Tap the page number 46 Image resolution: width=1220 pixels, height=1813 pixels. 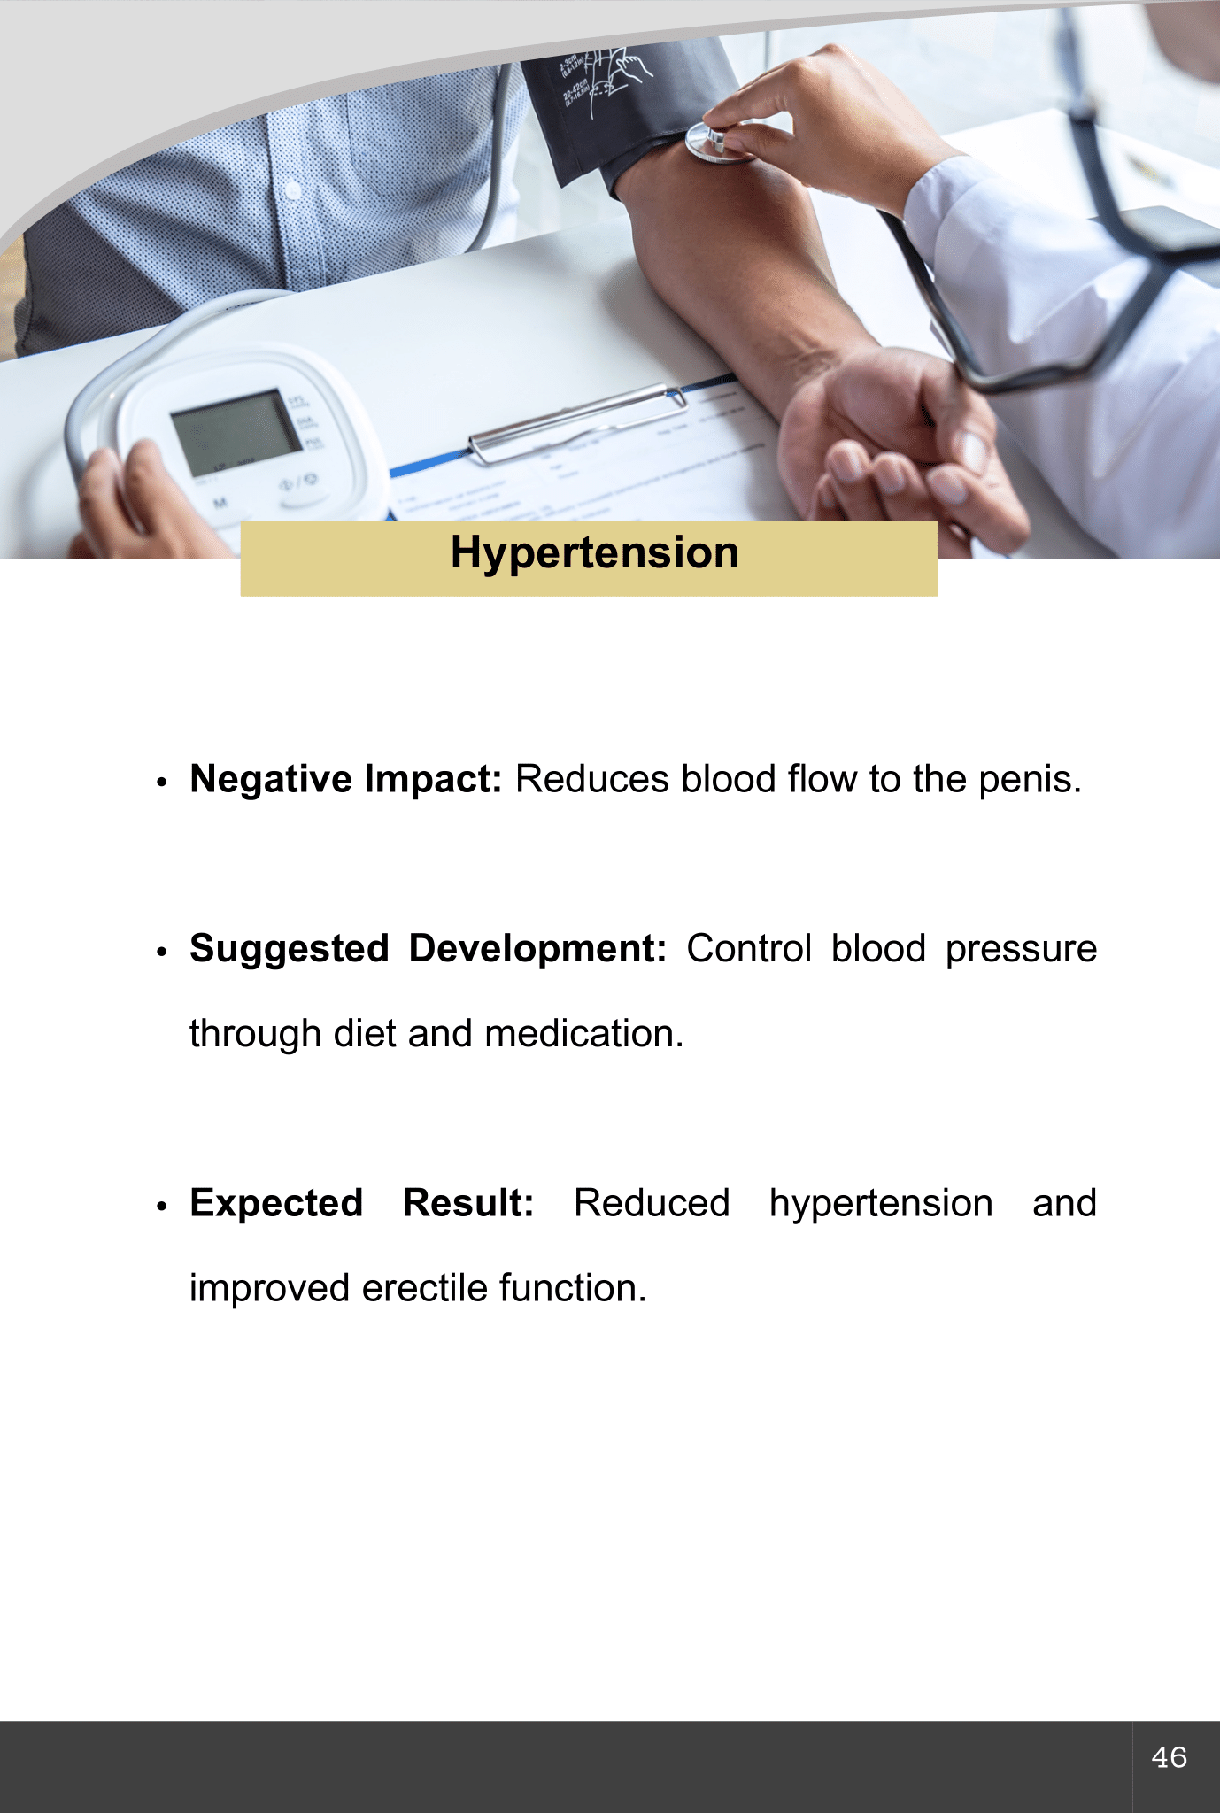pyautogui.click(x=1170, y=1757)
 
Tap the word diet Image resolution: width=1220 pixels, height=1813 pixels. pyautogui.click(x=365, y=1034)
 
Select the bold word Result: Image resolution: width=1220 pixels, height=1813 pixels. pyautogui.click(x=468, y=1204)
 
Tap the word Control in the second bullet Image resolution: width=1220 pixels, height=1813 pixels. pyautogui.click(x=749, y=949)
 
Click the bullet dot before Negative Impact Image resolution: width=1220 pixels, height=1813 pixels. pyautogui.click(x=161, y=783)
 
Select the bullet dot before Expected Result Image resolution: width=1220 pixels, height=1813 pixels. pyautogui.click(x=161, y=1207)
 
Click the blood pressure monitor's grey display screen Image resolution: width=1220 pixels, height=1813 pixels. pyautogui.click(x=236, y=431)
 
